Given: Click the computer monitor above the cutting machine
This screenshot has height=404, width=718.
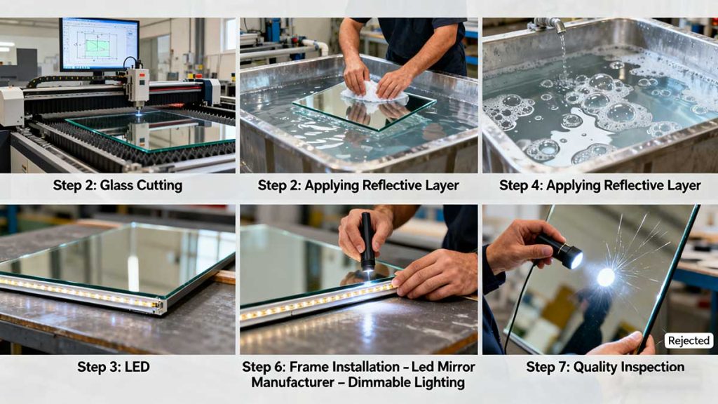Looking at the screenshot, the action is pos(100,44).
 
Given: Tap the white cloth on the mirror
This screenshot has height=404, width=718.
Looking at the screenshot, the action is pos(373,93).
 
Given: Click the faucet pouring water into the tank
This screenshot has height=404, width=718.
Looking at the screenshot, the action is pos(549,24).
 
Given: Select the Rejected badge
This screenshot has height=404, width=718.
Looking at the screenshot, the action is pos(689,341).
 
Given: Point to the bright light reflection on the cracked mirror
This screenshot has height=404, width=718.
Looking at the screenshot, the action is pos(605,277).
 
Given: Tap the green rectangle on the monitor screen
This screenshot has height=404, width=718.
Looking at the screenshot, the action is pos(97,48).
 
